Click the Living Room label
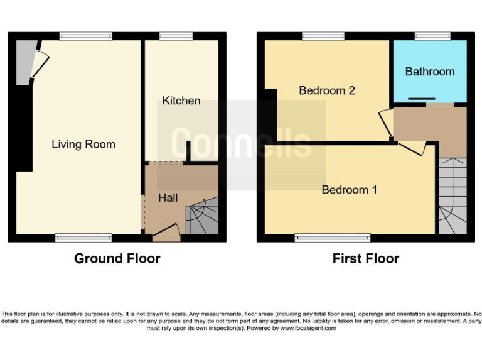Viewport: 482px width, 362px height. click(x=83, y=145)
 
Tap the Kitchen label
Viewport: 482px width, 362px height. click(x=181, y=101)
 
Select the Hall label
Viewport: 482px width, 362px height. click(x=168, y=198)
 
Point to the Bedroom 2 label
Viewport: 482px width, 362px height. click(x=326, y=90)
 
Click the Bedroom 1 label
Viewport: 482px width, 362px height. click(x=349, y=190)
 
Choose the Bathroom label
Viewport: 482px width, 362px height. click(x=430, y=71)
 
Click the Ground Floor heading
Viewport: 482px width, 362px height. click(x=117, y=258)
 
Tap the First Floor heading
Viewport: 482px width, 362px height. click(x=366, y=258)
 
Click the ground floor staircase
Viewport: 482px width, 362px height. click(x=203, y=217)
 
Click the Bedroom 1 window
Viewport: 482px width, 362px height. click(x=333, y=238)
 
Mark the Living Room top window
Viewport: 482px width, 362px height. click(x=86, y=36)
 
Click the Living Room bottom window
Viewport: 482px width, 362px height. click(x=83, y=238)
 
